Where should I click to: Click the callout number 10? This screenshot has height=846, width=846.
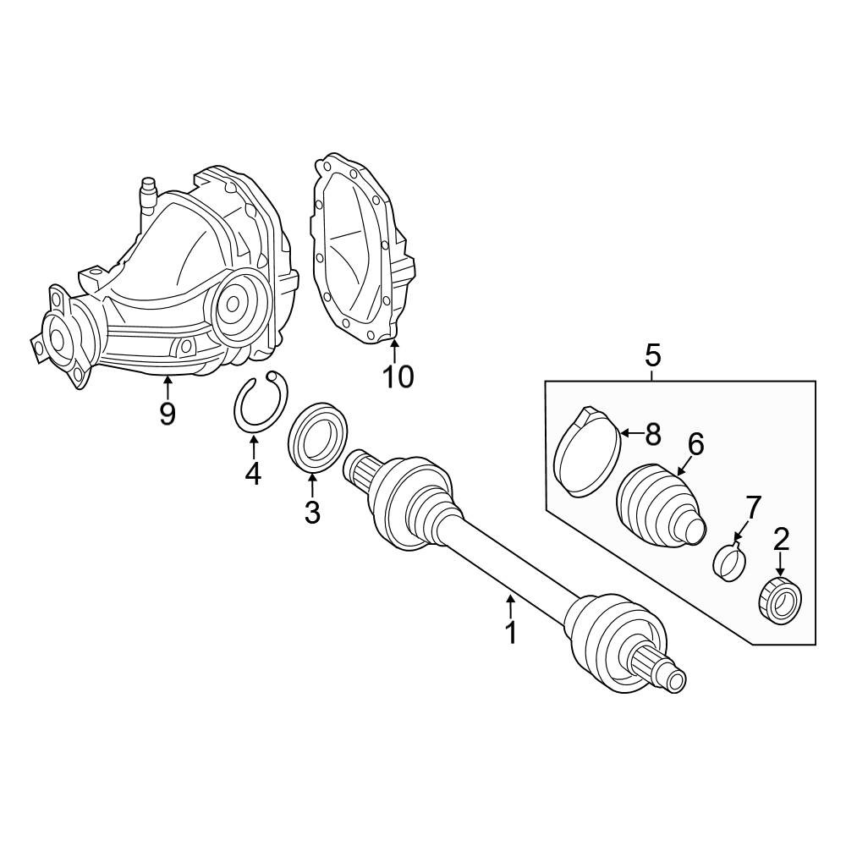click(398, 376)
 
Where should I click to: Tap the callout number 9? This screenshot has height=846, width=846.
click(168, 414)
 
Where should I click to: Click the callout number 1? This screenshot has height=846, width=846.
click(510, 632)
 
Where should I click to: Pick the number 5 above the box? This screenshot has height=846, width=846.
click(652, 356)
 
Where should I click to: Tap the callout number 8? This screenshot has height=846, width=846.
click(653, 434)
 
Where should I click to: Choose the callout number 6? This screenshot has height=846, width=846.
click(696, 445)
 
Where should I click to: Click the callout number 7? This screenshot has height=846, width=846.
click(753, 507)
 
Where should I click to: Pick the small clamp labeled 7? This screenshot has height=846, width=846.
click(728, 563)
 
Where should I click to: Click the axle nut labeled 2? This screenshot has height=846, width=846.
click(780, 600)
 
